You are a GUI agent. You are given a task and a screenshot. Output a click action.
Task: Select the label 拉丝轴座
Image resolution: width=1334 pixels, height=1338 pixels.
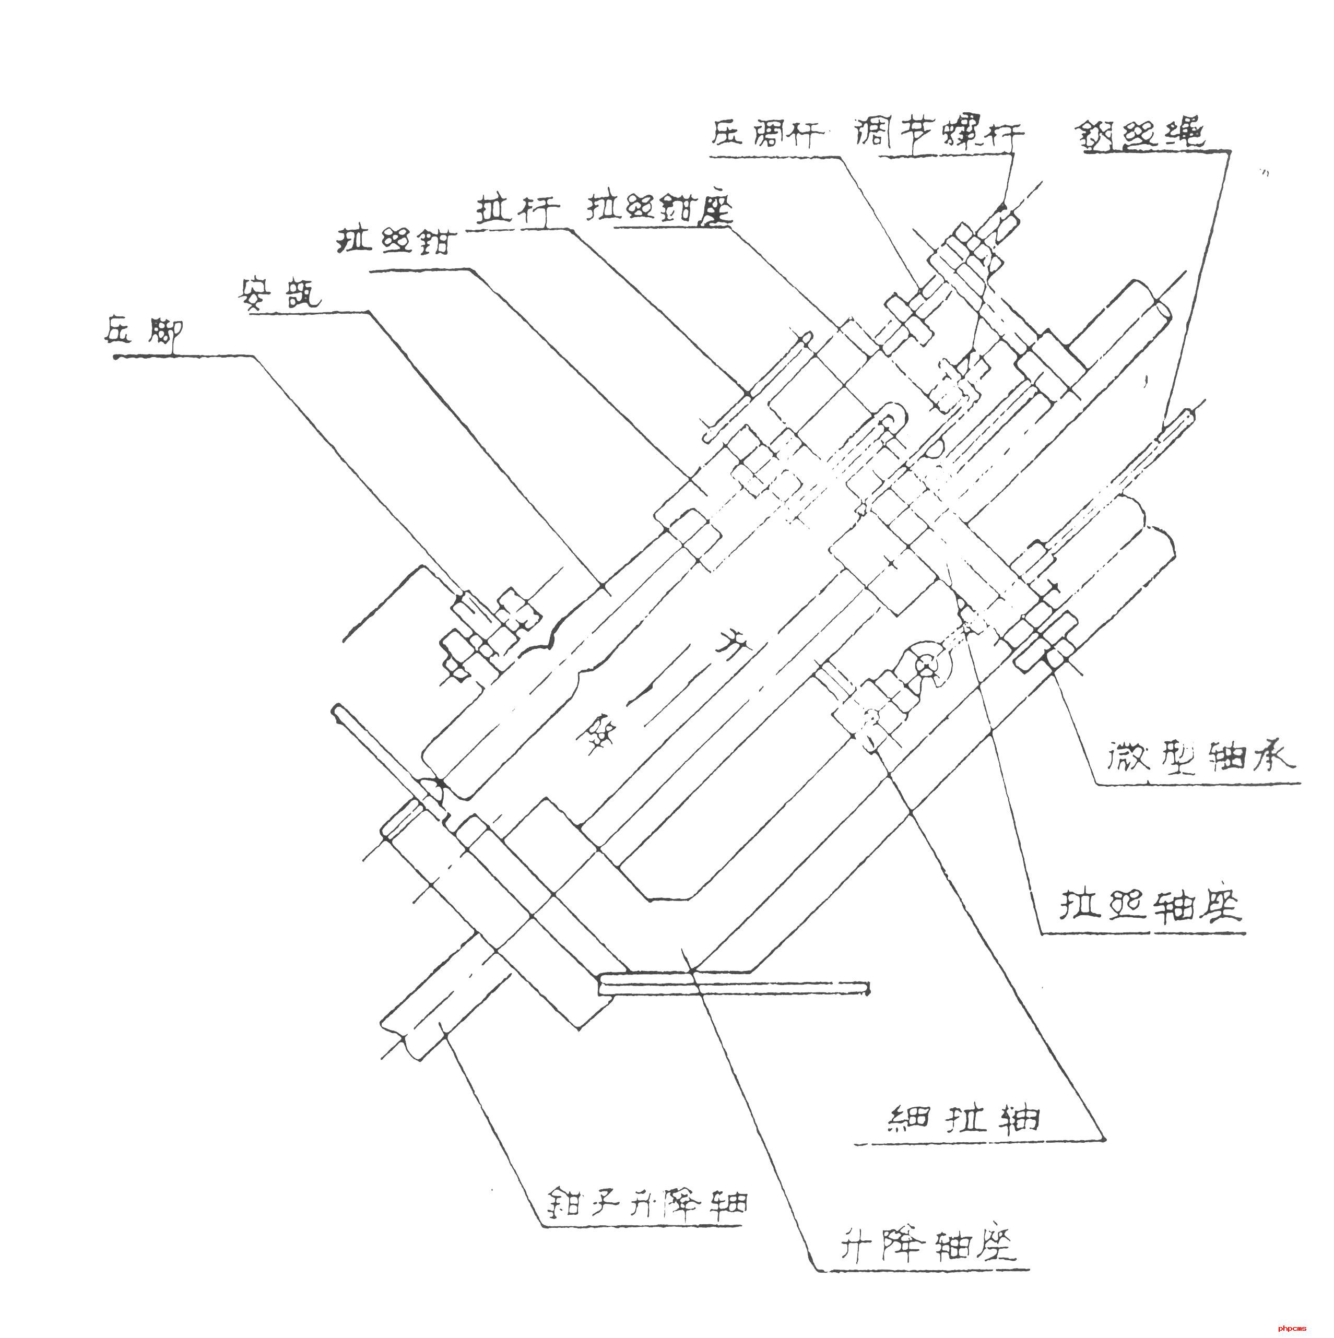pos(1150,905)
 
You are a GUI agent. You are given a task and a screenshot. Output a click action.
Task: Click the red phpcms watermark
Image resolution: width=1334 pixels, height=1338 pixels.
pos(1292,1328)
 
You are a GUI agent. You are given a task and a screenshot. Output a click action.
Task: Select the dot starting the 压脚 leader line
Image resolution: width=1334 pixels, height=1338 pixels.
pos(116,356)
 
